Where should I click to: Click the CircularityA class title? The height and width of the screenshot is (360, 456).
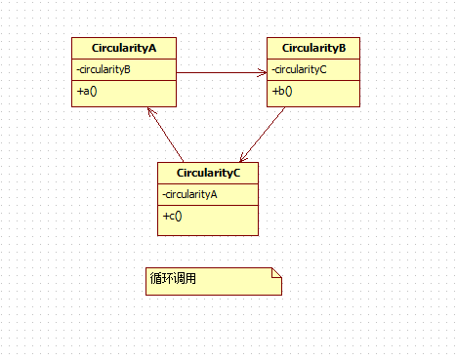click(x=124, y=48)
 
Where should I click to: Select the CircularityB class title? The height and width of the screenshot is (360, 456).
click(x=313, y=48)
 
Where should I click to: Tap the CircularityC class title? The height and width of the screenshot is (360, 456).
click(x=208, y=173)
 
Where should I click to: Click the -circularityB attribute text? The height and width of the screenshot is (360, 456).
click(x=104, y=69)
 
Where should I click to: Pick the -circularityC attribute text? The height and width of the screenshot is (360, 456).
click(x=299, y=69)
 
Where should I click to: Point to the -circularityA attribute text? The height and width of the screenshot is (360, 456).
click(x=189, y=194)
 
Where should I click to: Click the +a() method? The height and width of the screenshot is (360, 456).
click(x=87, y=91)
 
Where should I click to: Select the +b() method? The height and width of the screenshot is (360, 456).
click(x=282, y=91)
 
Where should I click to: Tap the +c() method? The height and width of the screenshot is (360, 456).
click(x=172, y=216)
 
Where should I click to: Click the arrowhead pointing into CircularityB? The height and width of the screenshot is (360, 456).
click(x=263, y=72)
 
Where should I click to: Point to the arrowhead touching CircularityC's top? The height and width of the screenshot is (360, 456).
click(x=243, y=158)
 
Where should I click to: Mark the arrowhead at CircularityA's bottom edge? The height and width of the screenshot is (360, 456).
click(x=151, y=112)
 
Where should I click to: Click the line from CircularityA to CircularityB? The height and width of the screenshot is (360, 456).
click(x=222, y=72)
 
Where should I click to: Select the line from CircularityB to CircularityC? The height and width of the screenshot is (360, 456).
click(x=263, y=135)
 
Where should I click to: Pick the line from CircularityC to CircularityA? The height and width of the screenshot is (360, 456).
click(x=165, y=135)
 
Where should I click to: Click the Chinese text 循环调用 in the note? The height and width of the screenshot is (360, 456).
click(x=173, y=278)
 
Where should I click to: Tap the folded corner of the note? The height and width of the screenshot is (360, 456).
click(x=276, y=273)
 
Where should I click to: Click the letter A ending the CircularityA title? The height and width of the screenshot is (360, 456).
click(x=152, y=48)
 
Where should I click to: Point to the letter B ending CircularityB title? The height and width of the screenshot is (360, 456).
click(x=343, y=48)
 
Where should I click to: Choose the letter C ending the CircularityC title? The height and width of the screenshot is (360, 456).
click(x=236, y=173)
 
